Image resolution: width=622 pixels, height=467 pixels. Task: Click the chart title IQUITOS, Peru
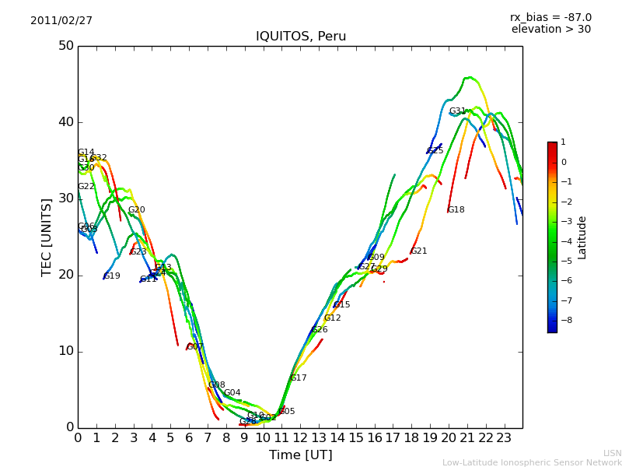pyautogui.click(x=301, y=37)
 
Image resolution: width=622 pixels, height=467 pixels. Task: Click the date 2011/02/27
pyautogui.click(x=61, y=21)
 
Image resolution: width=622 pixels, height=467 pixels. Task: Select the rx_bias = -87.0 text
pyautogui.click(x=550, y=17)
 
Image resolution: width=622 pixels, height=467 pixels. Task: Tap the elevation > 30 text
pyautogui.click(x=550, y=30)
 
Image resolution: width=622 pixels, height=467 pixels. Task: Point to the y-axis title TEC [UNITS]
pyautogui.click(x=47, y=237)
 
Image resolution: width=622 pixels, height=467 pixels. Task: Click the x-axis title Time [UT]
pyautogui.click(x=300, y=455)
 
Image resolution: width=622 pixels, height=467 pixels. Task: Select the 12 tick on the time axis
pyautogui.click(x=300, y=438)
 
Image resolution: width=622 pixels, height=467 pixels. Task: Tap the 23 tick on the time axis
pyautogui.click(x=504, y=438)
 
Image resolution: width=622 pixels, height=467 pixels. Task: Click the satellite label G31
pyautogui.click(x=457, y=111)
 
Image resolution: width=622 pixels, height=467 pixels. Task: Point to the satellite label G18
pyautogui.click(x=456, y=210)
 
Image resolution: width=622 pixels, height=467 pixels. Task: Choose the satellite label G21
pyautogui.click(x=419, y=251)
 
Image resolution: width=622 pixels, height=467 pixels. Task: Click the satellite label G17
pyautogui.click(x=298, y=378)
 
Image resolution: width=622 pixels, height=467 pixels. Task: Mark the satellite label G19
pyautogui.click(x=112, y=276)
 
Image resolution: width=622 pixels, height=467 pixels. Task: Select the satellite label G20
pyautogui.click(x=137, y=210)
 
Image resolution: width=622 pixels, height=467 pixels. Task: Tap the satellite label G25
pyautogui.click(x=435, y=151)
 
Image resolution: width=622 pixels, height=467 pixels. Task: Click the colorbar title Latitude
pyautogui.click(x=582, y=237)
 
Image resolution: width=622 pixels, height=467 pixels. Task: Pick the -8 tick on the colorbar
pyautogui.click(x=563, y=319)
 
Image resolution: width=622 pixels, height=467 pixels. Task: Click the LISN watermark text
pyautogui.click(x=612, y=453)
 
